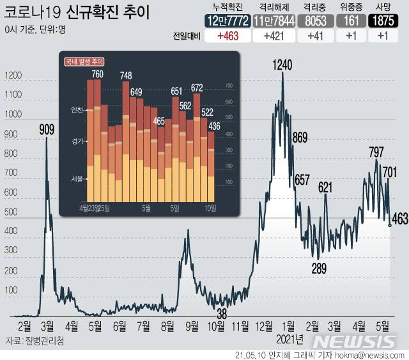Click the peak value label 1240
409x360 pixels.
tap(282, 64)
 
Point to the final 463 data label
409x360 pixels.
tap(399, 220)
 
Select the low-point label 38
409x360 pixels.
tap(222, 314)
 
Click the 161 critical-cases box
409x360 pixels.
tap(349, 20)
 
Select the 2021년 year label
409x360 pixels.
tap(291, 338)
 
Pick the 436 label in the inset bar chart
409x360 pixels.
tap(214, 126)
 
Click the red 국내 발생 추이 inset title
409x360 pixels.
tap(84, 62)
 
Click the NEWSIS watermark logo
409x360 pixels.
tap(358, 341)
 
